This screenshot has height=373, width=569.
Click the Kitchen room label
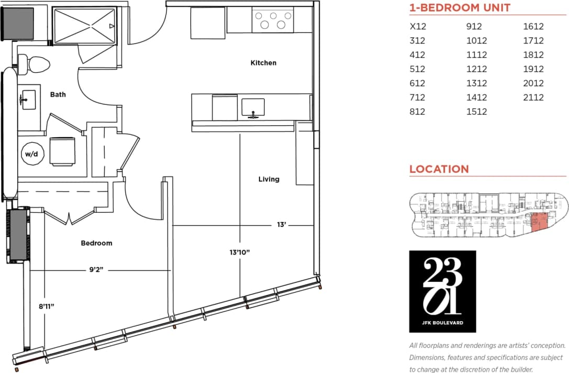point(263,63)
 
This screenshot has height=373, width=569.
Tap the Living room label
point(269,179)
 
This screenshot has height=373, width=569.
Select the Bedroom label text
point(96,243)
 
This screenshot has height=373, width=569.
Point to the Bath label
point(58,95)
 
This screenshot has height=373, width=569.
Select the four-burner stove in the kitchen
point(273,20)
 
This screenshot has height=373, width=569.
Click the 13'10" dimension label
point(240,253)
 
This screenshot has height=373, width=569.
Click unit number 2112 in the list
point(533,97)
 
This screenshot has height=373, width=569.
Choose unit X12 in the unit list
point(417,27)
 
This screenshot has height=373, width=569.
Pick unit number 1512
point(476,112)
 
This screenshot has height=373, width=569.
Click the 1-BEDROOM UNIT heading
point(460,8)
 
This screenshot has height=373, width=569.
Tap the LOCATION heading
point(439,169)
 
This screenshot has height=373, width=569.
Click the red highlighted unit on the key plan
point(539,223)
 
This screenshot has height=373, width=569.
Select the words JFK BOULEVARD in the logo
point(442,323)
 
